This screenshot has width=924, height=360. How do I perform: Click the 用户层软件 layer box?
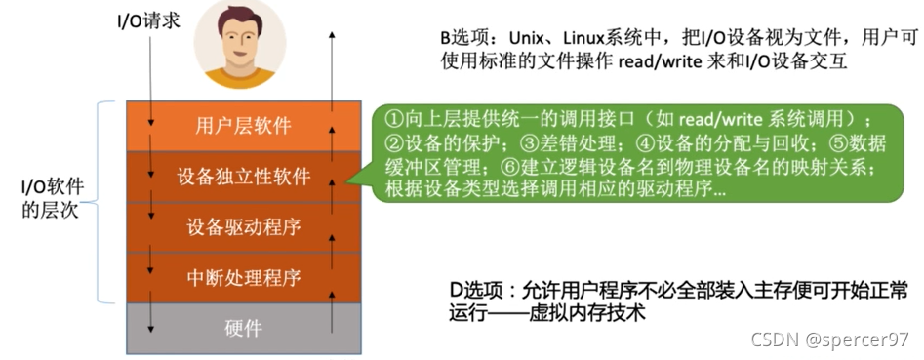[243, 126]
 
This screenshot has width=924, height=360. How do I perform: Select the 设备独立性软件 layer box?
[243, 177]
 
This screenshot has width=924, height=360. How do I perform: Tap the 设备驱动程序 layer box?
[243, 227]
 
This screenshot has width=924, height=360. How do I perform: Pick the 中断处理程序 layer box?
[243, 277]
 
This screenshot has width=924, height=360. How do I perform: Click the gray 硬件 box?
[243, 328]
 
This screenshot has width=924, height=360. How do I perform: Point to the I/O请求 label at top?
[147, 19]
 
